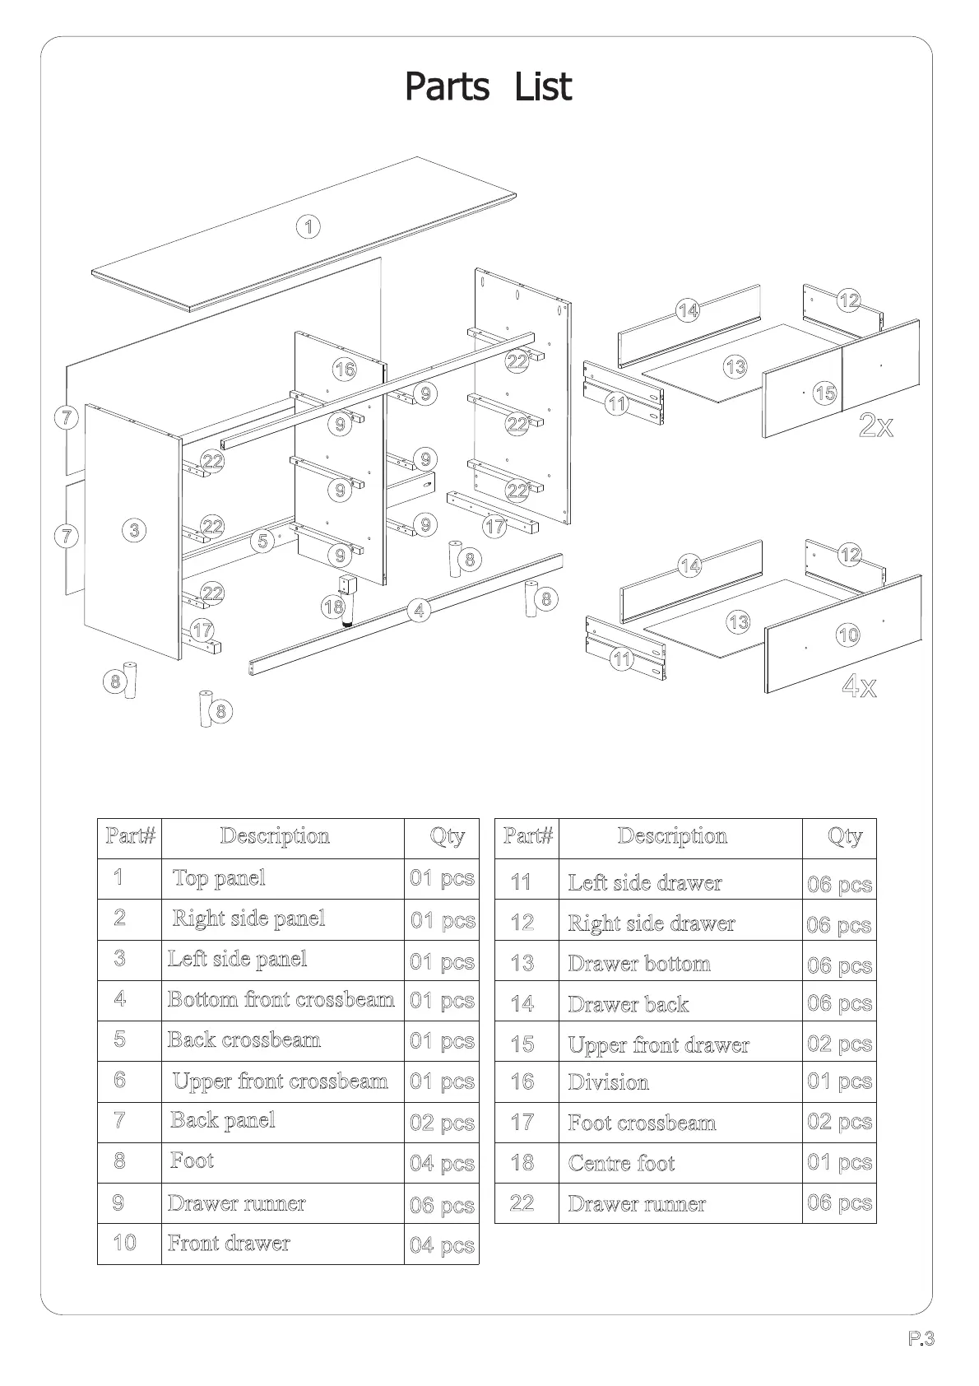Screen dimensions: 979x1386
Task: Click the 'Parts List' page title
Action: [x=488, y=87]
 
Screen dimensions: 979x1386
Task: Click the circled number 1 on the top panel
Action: [x=308, y=226]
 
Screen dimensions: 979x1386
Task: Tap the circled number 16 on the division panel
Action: [x=345, y=369]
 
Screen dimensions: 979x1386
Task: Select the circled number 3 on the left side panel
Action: [x=135, y=530]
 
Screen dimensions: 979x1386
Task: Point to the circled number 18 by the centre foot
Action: [x=333, y=607]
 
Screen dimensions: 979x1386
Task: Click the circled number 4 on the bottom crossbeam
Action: [x=420, y=610]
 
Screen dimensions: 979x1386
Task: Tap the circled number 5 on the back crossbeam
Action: [x=262, y=541]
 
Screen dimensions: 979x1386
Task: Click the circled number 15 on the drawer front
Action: [x=824, y=393]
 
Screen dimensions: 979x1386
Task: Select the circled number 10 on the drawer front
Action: [x=847, y=635]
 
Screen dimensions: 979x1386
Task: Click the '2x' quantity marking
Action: [x=875, y=426]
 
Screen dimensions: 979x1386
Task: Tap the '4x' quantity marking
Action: [x=859, y=686]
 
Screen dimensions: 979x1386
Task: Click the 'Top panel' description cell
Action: [x=219, y=878]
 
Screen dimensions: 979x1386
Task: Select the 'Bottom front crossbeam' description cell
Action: [x=281, y=1000]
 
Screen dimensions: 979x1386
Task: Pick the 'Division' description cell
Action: [x=608, y=1082]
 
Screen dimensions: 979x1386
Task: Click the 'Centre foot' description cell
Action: [x=621, y=1163]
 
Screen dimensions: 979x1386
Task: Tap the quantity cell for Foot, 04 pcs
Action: [x=442, y=1164]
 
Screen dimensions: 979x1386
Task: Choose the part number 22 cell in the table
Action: [x=522, y=1203]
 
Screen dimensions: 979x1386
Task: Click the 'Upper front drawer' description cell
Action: [x=658, y=1045]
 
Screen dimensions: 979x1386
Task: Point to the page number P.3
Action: [x=921, y=1339]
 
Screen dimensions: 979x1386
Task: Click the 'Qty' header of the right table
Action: [x=844, y=837]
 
